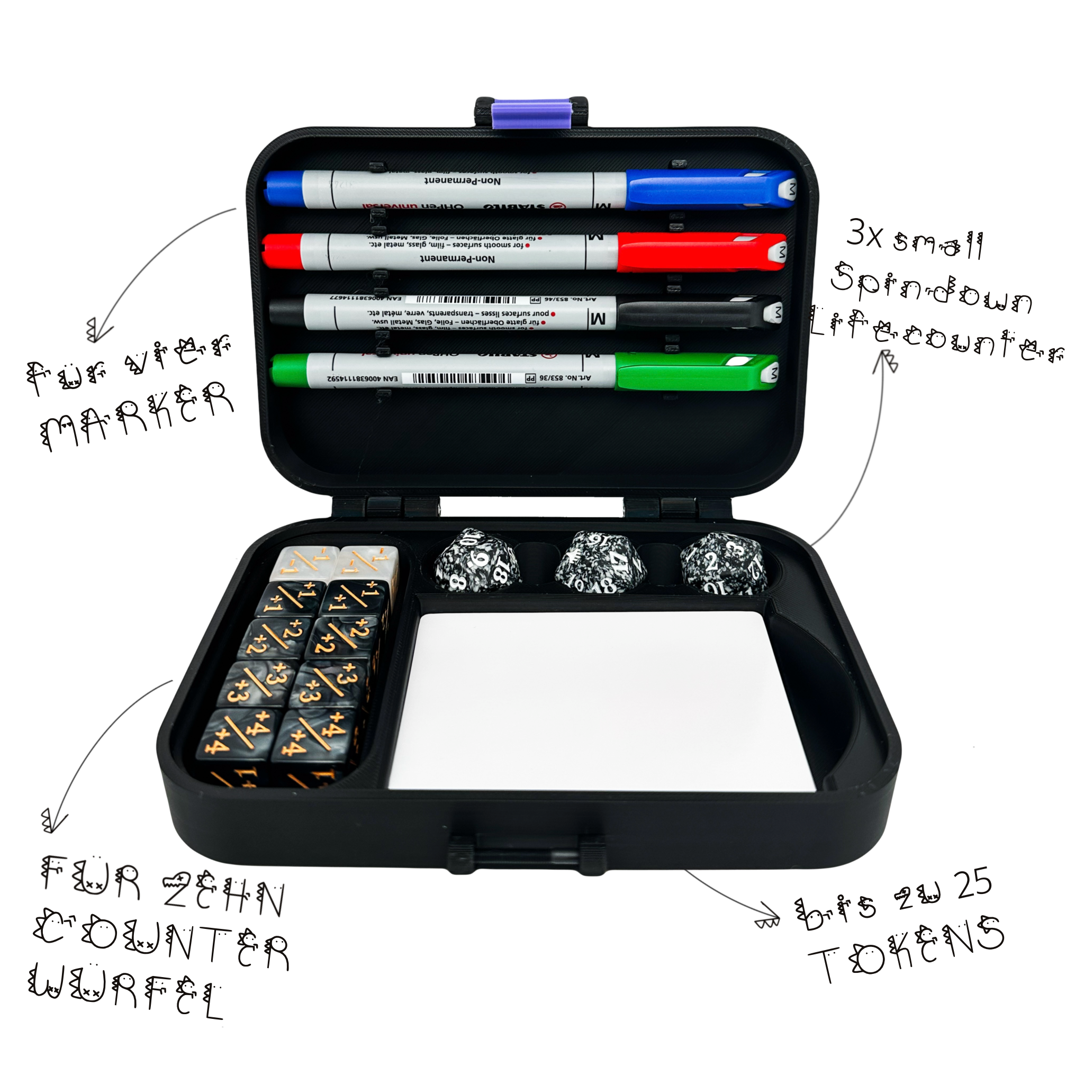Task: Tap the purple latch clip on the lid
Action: pyautogui.click(x=531, y=114)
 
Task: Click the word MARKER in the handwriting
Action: pyautogui.click(x=138, y=415)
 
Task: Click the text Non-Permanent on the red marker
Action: pyautogui.click(x=457, y=259)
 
